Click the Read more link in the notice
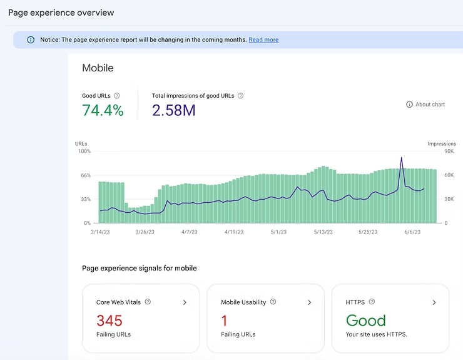(x=263, y=40)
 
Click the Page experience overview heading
(x=61, y=13)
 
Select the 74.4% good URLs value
(x=103, y=111)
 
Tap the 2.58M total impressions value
(x=174, y=111)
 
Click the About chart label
(x=430, y=105)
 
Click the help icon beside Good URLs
(x=117, y=96)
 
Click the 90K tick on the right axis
(x=449, y=152)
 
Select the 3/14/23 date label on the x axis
(x=101, y=232)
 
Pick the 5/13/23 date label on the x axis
(x=323, y=232)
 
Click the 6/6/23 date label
(x=412, y=232)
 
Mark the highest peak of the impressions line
(x=401, y=157)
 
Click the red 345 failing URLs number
(x=109, y=321)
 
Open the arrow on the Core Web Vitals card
(x=185, y=302)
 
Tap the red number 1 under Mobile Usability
(x=224, y=321)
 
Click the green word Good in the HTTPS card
(x=366, y=321)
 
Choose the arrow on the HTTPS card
(x=434, y=302)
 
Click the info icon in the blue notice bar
(x=31, y=40)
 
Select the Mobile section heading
(x=98, y=68)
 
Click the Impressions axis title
(x=442, y=144)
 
